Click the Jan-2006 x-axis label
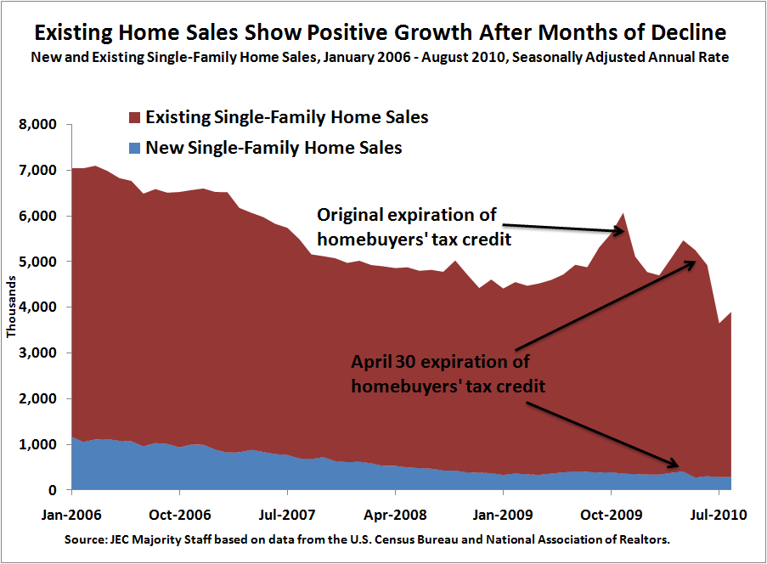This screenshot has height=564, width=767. [x=72, y=516]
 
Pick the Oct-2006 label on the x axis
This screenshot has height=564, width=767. [x=180, y=516]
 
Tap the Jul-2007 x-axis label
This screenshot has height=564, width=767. [x=288, y=516]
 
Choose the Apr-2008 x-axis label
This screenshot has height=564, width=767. [x=396, y=516]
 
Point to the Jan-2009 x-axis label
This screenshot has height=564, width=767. [x=503, y=516]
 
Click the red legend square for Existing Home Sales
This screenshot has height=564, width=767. [x=133, y=117]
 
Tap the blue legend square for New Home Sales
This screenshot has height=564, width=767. [x=133, y=149]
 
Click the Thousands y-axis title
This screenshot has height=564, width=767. [x=12, y=307]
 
